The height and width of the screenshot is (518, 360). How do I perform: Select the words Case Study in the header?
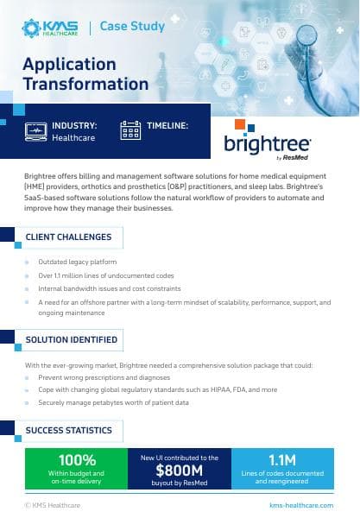[132, 27]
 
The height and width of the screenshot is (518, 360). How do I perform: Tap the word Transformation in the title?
[85, 84]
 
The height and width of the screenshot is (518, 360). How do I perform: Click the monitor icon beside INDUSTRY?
[37, 130]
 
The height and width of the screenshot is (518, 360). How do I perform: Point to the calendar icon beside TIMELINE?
[130, 130]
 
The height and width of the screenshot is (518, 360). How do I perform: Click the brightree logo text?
[267, 144]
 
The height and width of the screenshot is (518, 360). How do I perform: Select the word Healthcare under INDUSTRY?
[73, 137]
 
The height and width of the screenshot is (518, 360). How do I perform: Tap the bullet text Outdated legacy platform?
[78, 262]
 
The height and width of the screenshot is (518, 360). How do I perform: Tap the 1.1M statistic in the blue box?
[282, 458]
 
